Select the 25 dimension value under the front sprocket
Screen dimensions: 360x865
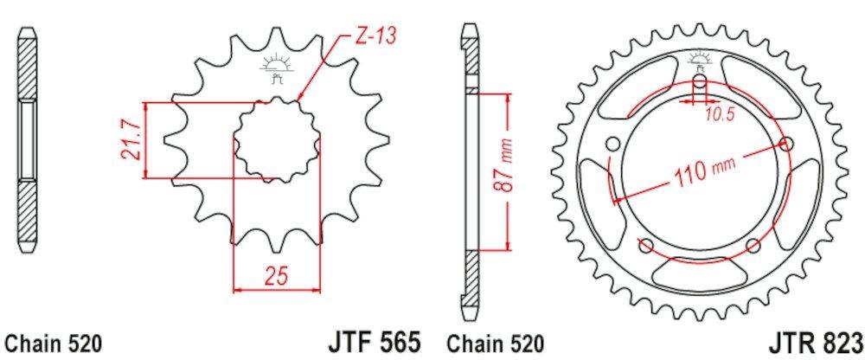(276, 277)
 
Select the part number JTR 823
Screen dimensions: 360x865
(816, 340)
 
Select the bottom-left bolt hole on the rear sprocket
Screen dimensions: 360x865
(645, 244)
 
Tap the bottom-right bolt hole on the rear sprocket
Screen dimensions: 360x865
(753, 244)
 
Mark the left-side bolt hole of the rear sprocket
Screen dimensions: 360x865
(612, 144)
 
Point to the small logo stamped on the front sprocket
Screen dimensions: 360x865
(278, 67)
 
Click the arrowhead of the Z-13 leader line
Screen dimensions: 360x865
(299, 97)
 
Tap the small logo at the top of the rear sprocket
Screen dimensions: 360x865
(699, 61)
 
